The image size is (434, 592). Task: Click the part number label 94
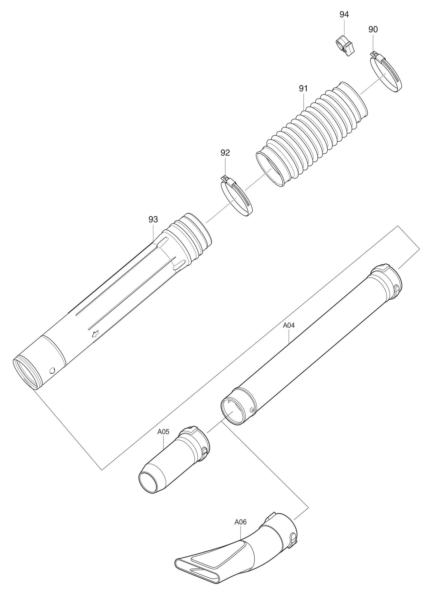click(344, 14)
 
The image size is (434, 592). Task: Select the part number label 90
click(373, 29)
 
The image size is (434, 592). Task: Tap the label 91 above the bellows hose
click(303, 89)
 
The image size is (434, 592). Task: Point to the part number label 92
click(225, 153)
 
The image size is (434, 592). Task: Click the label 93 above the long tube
click(153, 219)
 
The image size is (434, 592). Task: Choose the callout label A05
click(163, 431)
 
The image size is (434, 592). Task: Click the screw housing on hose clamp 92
click(227, 179)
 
